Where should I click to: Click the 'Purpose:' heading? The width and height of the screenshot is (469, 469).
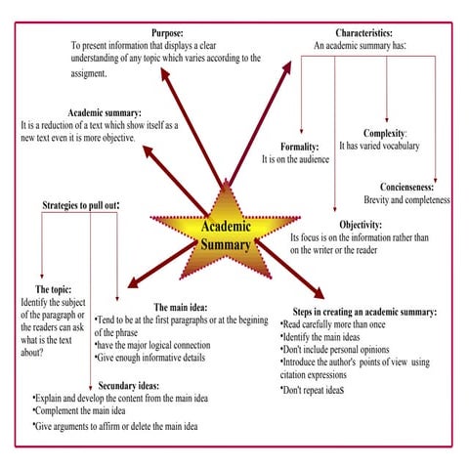[166, 33]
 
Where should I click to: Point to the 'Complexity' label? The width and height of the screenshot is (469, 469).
[384, 134]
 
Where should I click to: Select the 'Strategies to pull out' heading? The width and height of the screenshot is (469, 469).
[79, 206]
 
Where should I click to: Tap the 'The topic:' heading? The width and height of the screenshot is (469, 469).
[53, 290]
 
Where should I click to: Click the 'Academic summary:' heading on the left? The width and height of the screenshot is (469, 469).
[105, 112]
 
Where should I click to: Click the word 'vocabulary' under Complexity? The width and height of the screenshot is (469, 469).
[397, 147]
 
